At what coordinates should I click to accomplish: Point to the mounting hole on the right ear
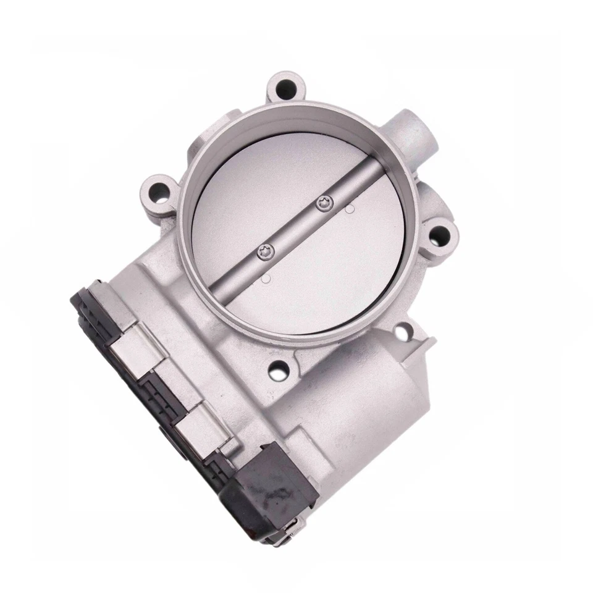click(440, 234)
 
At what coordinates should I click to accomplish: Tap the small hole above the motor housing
click(402, 334)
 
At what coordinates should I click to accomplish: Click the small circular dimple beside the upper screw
click(350, 209)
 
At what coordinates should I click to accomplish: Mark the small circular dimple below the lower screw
click(266, 279)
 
